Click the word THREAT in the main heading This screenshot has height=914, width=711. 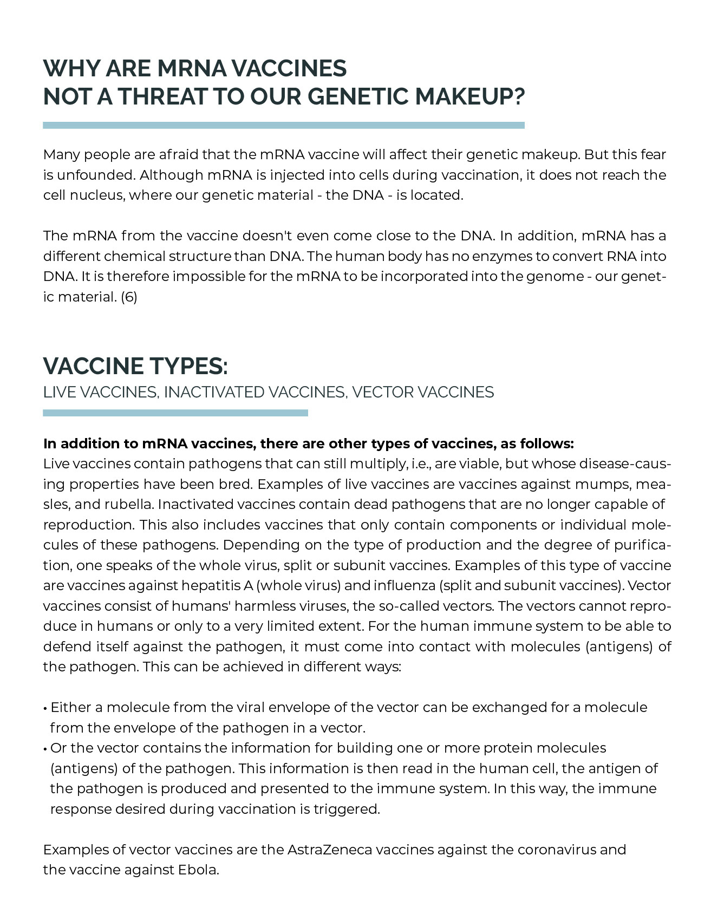[163, 97]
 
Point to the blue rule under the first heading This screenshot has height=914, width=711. [284, 125]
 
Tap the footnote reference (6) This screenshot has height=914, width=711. [129, 297]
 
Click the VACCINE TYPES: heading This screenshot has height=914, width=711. [135, 367]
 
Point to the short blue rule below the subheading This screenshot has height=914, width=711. [175, 413]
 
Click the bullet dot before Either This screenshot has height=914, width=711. [44, 709]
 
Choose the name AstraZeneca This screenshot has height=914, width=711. [330, 850]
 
